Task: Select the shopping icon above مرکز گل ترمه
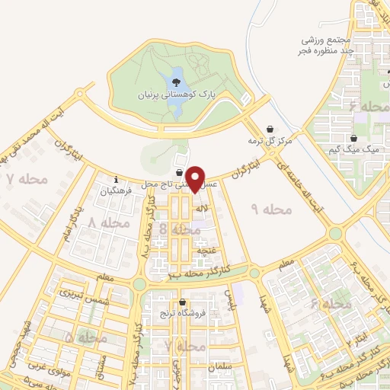[x=269, y=129]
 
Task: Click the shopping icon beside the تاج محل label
[x=179, y=172]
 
